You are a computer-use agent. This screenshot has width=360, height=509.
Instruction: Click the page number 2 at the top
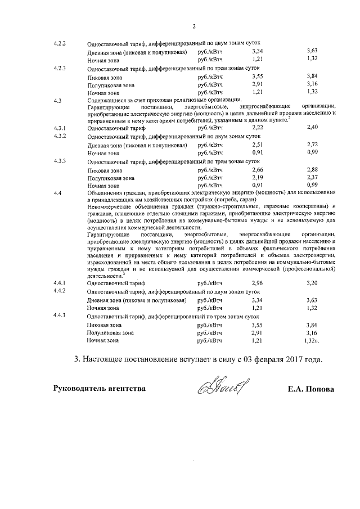click(x=193, y=26)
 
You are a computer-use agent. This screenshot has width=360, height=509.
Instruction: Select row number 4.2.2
click(x=60, y=43)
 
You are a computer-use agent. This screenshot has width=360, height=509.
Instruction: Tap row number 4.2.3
click(x=60, y=68)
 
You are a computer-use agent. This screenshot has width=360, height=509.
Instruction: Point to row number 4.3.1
click(x=60, y=128)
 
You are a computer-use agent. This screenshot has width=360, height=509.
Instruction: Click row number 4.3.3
click(x=60, y=161)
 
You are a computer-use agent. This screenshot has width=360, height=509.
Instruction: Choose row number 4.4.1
click(x=60, y=282)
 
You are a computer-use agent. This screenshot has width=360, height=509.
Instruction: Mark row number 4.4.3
click(x=60, y=316)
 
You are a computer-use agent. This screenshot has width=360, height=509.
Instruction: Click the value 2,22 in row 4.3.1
click(x=258, y=128)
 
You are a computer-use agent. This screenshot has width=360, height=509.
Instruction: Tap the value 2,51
click(x=258, y=145)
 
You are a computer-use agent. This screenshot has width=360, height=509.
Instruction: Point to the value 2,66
click(x=258, y=169)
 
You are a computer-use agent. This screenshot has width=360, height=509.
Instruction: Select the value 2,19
click(x=258, y=177)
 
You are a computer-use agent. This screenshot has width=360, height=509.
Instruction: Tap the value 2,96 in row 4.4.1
click(x=258, y=283)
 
